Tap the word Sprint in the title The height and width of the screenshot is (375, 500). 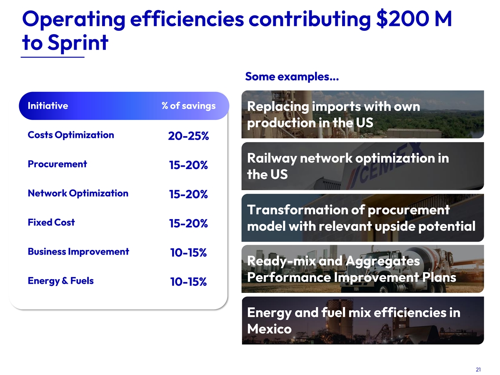point(78,43)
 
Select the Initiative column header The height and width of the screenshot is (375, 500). point(48,106)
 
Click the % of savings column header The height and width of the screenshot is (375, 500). point(189,106)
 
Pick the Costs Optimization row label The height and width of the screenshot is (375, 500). point(71,135)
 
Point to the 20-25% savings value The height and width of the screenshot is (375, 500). point(188,136)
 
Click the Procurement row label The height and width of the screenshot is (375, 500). point(57,164)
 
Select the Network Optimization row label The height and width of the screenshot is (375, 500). point(78,193)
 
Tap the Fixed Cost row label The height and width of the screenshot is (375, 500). point(51,222)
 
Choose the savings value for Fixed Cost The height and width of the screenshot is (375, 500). point(188,223)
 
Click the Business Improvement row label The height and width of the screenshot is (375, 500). point(78,252)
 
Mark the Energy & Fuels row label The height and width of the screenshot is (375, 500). point(60,281)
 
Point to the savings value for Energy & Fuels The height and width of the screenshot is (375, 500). point(188,282)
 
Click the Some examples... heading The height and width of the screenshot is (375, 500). point(292,77)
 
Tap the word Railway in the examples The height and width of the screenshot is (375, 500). point(272,158)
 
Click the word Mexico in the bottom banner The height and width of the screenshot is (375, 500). point(270,329)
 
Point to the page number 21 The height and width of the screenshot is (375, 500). point(478,369)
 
